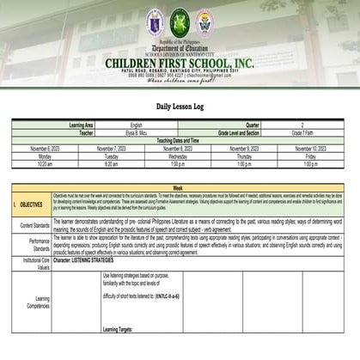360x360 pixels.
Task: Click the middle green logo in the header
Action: point(180,21)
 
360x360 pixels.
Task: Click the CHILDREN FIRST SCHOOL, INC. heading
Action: point(180,64)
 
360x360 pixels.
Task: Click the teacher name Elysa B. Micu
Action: point(135,132)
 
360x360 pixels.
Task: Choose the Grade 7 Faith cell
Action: point(304,132)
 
